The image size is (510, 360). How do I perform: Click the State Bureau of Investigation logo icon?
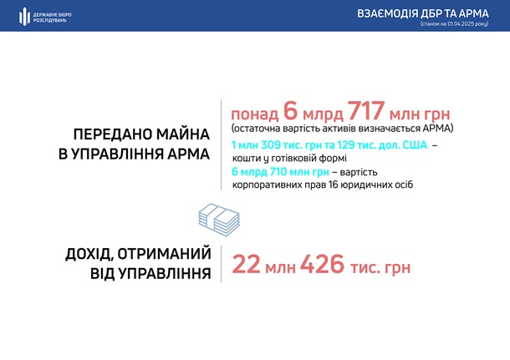pyautogui.click(x=24, y=16)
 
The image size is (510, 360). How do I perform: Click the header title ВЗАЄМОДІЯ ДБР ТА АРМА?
pyautogui.click(x=423, y=13)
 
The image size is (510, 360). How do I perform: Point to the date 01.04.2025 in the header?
pyautogui.click(x=461, y=23)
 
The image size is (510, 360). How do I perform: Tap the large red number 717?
pyautogui.click(x=366, y=111)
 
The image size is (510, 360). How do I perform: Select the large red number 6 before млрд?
pyautogui.click(x=291, y=111)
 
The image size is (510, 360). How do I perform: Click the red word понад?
pyautogui.click(x=255, y=114)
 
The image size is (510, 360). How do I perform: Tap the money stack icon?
pyautogui.click(x=219, y=220)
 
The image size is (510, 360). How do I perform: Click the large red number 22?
pyautogui.click(x=246, y=264)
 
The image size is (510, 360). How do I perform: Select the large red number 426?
pyautogui.click(x=322, y=264)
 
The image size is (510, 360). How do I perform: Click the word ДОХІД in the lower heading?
pyautogui.click(x=88, y=255)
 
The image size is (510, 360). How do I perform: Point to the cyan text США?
pyautogui.click(x=415, y=145)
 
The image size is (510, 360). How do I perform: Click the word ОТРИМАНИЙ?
pyautogui.click(x=164, y=254)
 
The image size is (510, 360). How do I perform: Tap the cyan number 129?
pyautogui.click(x=346, y=145)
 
